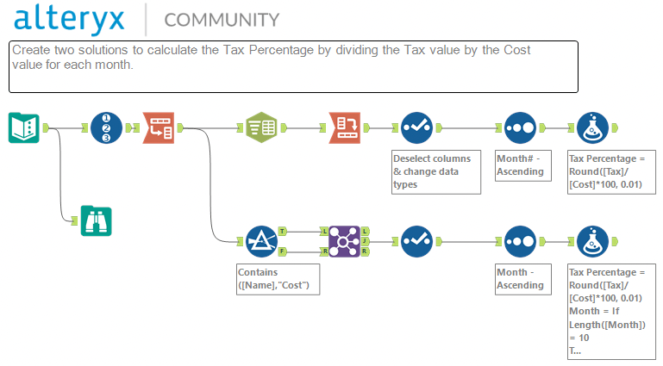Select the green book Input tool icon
[x=24, y=127]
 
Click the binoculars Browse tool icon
[x=97, y=220]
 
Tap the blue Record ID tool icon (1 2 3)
[x=106, y=127]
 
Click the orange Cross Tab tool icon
[x=345, y=127]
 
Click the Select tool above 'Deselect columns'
[x=416, y=127]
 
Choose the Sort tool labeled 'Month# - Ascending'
[x=520, y=127]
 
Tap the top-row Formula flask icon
[x=591, y=127]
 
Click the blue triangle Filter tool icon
[x=260, y=241]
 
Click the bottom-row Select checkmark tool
[x=416, y=241]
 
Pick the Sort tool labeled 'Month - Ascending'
[x=520, y=241]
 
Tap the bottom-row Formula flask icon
[x=591, y=241]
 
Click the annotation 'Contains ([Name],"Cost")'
[x=278, y=278]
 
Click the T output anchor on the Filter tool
[x=284, y=232]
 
